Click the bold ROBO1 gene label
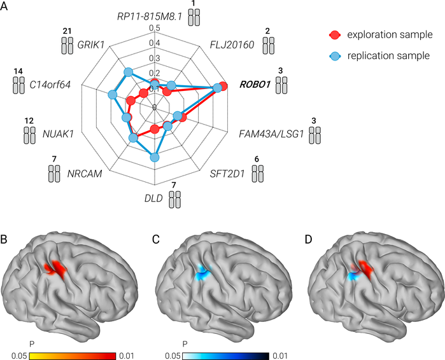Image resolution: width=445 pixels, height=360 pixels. pyautogui.click(x=255, y=85)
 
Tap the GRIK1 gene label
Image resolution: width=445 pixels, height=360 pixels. pyautogui.click(x=91, y=45)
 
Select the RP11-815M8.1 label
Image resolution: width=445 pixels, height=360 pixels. pyautogui.click(x=150, y=17)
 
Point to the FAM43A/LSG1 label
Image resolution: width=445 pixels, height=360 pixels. pyautogui.click(x=271, y=134)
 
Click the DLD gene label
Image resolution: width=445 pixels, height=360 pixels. pyautogui.click(x=153, y=198)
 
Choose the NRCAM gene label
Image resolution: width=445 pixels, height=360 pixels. pyautogui.click(x=85, y=174)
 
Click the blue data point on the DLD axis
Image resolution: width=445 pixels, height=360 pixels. pyautogui.click(x=155, y=158)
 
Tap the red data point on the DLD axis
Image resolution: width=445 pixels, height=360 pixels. pyautogui.click(x=155, y=129)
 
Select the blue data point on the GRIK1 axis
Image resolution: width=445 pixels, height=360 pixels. pyautogui.click(x=128, y=73)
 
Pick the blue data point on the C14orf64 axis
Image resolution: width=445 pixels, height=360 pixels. pyautogui.click(x=113, y=95)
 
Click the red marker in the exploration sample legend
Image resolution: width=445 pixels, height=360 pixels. pyautogui.click(x=335, y=34)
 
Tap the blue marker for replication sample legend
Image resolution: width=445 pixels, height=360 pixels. pyautogui.click(x=335, y=55)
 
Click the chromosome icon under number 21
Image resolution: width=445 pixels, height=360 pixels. pyautogui.click(x=67, y=45)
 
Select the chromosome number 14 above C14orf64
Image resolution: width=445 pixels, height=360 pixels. pyautogui.click(x=18, y=71)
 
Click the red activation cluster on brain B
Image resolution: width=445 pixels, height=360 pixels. pyautogui.click(x=55, y=268)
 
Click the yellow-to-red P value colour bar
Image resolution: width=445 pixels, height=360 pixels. pyautogui.click(x=73, y=356)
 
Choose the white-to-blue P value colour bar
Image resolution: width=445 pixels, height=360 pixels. pyautogui.click(x=225, y=356)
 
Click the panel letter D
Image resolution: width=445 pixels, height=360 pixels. pyautogui.click(x=308, y=240)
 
